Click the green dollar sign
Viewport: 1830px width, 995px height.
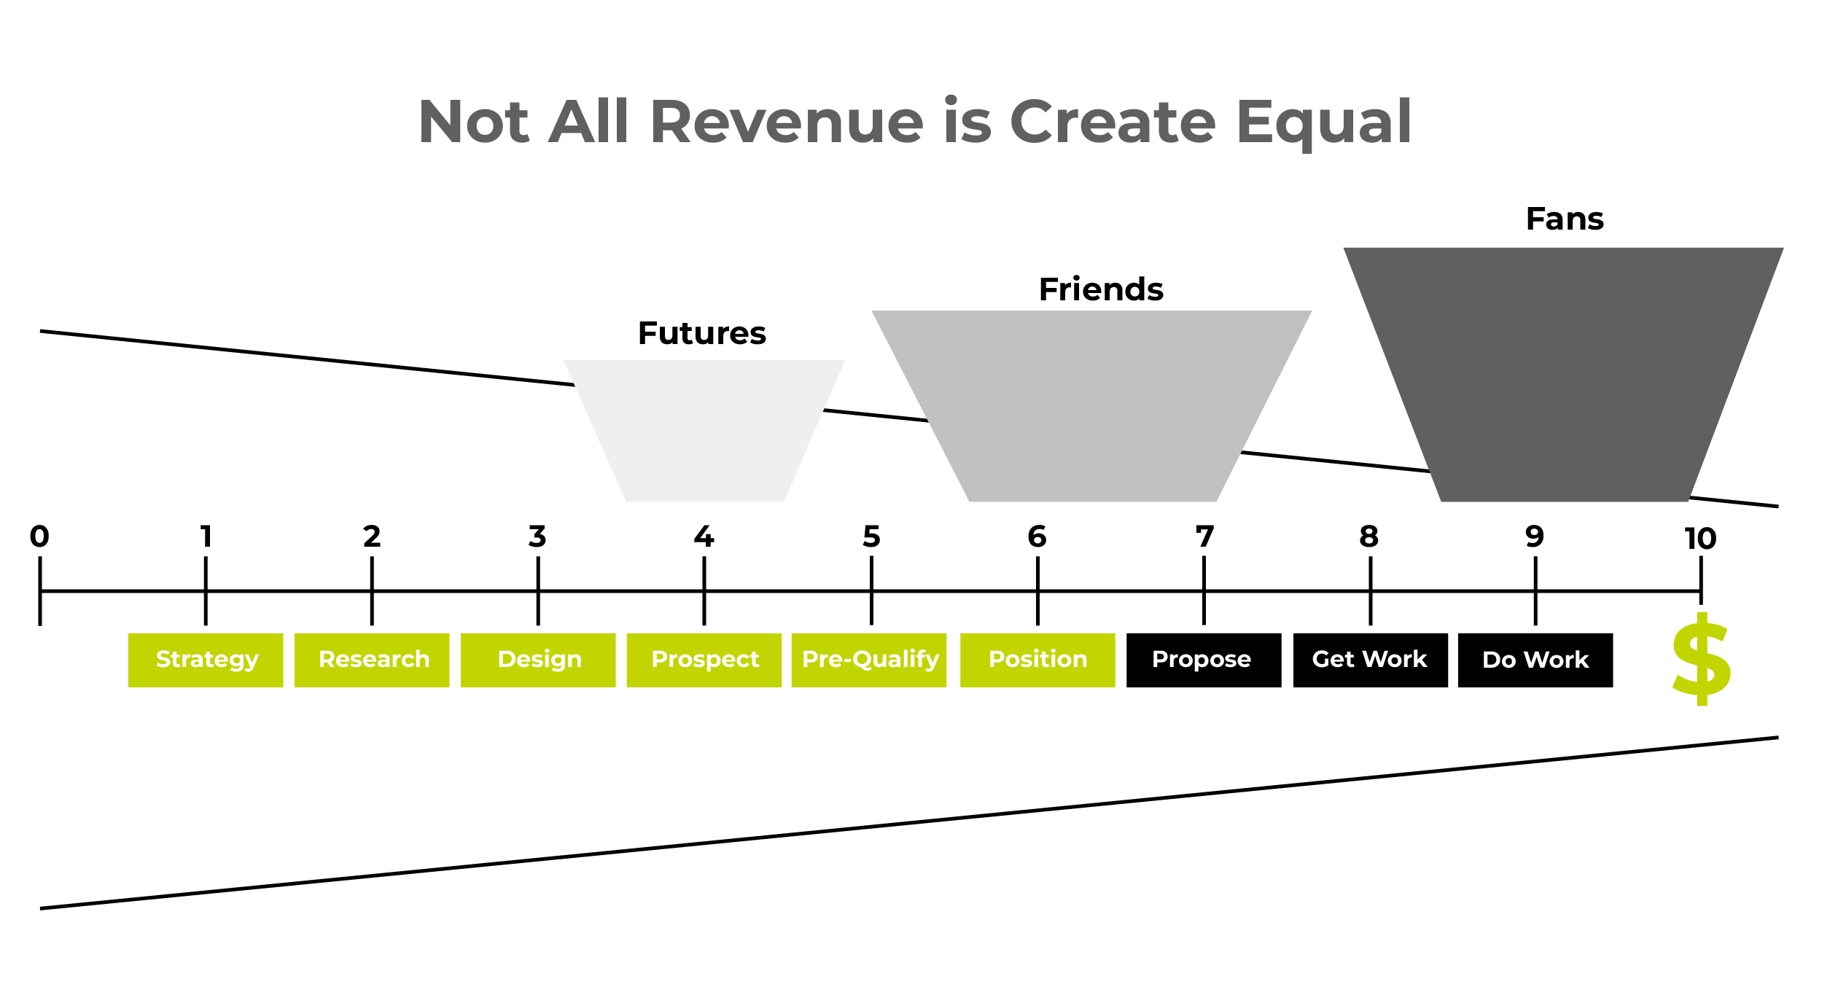[1702, 659]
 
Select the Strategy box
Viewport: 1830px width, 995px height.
[206, 660]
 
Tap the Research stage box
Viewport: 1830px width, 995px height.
[372, 660]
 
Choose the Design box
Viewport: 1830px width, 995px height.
[538, 660]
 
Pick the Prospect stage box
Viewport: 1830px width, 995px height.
[704, 660]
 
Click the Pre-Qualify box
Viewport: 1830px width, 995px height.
[869, 660]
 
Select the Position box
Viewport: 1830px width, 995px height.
[1037, 660]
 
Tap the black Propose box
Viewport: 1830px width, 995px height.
[1204, 660]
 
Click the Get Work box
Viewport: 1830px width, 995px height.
[1371, 660]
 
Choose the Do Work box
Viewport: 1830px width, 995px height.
[1535, 660]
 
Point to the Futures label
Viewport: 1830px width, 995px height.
[702, 333]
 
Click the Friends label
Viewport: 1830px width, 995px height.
[1101, 289]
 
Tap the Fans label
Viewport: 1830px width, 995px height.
[1565, 219]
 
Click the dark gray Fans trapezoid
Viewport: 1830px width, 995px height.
[1565, 375]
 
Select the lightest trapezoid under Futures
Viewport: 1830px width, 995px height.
[704, 431]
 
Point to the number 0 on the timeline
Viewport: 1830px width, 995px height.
[39, 536]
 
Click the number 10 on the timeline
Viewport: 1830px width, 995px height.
[1700, 539]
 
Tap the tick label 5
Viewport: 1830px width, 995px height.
[871, 536]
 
